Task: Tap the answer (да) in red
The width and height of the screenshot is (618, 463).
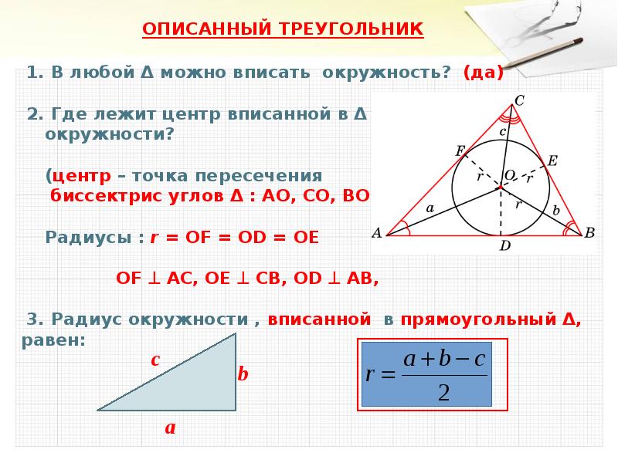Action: tap(484, 73)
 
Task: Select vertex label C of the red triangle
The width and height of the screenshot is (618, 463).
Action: tap(519, 100)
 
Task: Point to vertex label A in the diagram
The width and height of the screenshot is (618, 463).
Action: tap(377, 232)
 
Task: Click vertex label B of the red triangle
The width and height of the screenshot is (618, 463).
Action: tap(589, 232)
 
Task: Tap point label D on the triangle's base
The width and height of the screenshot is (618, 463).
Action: tap(504, 246)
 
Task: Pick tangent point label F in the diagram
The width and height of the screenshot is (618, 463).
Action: tap(460, 150)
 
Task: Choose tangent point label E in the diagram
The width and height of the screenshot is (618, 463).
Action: tap(552, 160)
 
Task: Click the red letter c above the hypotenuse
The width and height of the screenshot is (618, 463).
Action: tap(154, 360)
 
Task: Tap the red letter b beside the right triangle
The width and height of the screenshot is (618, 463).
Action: tap(243, 375)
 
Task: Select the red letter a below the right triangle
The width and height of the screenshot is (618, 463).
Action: tap(170, 427)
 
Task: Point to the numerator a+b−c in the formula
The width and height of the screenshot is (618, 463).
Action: tap(443, 360)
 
